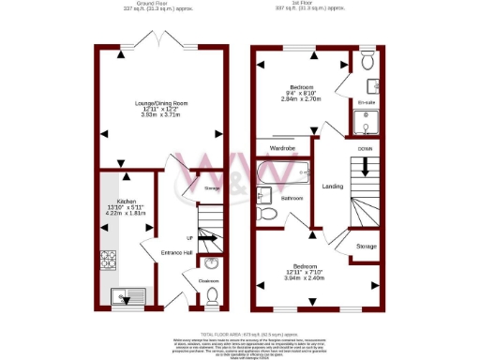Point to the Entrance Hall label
(x=175, y=253)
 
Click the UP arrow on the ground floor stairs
(x=189, y=238)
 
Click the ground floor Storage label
(x=211, y=188)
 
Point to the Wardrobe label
(x=283, y=148)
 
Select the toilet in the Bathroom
(x=268, y=213)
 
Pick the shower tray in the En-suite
(x=367, y=122)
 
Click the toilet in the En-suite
(x=367, y=63)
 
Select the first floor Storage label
(x=366, y=246)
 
